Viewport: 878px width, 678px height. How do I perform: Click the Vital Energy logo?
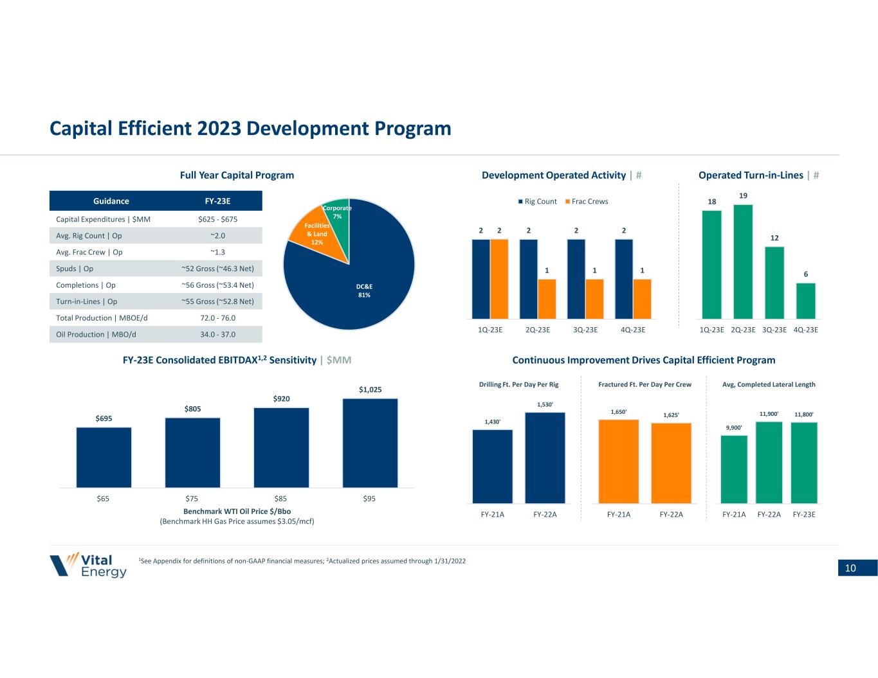88,564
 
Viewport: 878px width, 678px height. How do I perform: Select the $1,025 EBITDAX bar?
370,443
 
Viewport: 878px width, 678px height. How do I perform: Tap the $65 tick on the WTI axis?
103,499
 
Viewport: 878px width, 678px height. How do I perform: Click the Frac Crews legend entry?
586,201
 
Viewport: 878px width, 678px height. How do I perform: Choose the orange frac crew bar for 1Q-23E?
499,278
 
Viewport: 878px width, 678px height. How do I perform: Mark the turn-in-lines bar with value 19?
743,261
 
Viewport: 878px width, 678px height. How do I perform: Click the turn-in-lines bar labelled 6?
805,300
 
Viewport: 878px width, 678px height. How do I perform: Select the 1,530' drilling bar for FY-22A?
545,457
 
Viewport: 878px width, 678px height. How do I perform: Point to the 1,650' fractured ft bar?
618,461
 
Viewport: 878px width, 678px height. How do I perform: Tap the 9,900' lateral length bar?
734,469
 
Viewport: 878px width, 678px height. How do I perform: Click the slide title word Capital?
84,129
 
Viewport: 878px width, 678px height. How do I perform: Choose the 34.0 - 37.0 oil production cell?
218,334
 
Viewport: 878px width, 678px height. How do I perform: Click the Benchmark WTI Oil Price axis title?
237,512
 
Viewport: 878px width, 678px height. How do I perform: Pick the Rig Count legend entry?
537,201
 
